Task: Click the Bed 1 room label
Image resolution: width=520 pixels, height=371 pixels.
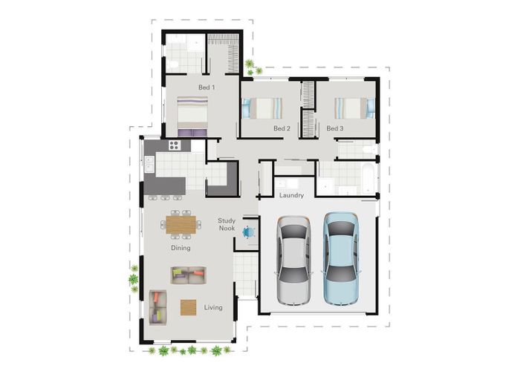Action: pos(207,88)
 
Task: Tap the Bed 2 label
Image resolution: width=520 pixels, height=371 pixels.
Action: pos(282,128)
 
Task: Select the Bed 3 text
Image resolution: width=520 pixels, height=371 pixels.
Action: pos(334,128)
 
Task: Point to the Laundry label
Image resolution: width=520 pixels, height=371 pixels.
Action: pos(291,195)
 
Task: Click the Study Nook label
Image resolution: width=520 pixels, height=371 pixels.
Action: pos(227,224)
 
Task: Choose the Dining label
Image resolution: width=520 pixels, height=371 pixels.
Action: pos(181,248)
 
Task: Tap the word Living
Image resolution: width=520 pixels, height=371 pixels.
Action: pos(213,307)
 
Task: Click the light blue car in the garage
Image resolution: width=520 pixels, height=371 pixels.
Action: pos(341,259)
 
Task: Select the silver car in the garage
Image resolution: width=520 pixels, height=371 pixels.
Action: pos(294,260)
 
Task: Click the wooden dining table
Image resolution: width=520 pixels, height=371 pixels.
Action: pos(181,225)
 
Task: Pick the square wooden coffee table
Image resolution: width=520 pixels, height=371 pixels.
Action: pos(189,307)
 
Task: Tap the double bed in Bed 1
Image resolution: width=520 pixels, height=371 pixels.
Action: pos(192,116)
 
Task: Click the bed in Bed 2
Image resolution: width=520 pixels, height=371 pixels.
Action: pos(262,108)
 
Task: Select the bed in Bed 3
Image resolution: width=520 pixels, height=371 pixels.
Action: pos(354,108)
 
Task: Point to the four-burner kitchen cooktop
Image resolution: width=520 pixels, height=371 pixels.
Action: pos(175,145)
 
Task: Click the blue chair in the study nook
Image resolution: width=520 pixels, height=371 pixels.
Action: pos(248,232)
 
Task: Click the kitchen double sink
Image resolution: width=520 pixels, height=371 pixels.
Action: pos(149,164)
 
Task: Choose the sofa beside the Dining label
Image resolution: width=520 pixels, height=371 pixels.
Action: pos(189,275)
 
